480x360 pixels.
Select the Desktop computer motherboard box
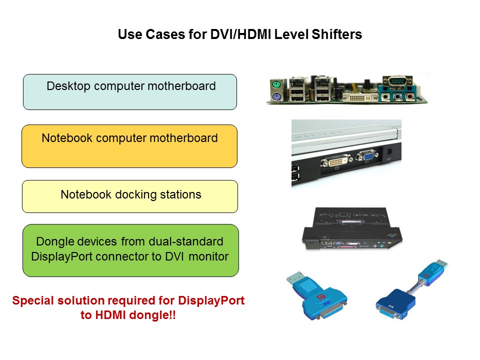[x=130, y=92]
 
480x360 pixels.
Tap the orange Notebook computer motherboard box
[x=129, y=146]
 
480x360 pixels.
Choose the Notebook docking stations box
[x=130, y=196]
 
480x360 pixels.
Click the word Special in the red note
[x=34, y=301]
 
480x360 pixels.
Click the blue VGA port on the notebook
[x=366, y=157]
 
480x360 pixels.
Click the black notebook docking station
[x=350, y=230]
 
